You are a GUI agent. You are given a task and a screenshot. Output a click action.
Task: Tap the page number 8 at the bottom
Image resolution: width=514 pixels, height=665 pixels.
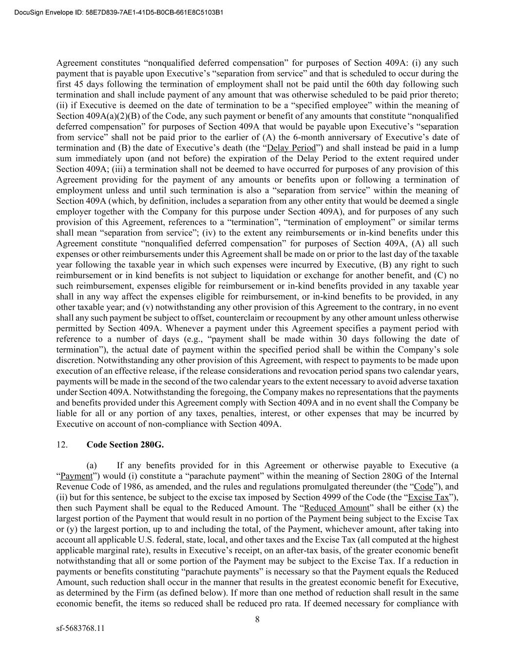tap(257, 620)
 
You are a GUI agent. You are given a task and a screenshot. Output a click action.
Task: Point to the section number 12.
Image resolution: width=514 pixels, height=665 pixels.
tap(62, 445)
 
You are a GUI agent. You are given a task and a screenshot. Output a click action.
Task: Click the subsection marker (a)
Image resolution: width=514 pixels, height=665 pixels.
tap(92, 466)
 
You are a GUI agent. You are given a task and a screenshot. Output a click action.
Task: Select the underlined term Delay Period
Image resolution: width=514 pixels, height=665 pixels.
tap(292, 148)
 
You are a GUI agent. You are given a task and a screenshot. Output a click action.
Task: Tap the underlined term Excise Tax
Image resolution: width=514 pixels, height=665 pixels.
tap(428, 497)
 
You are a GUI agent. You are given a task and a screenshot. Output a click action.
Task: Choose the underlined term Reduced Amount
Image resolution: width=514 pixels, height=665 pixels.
tap(337, 508)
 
